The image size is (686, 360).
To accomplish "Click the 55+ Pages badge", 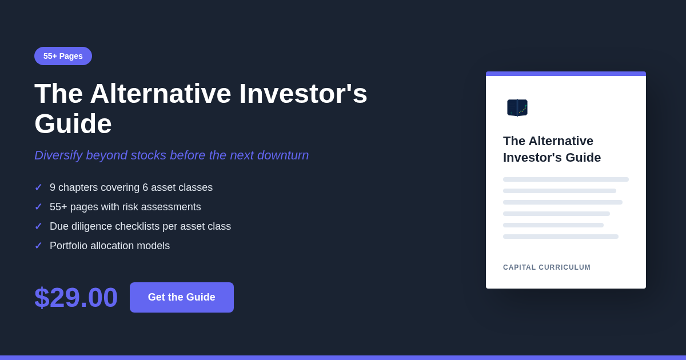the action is point(63,56).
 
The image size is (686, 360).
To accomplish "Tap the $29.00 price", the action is point(76,297).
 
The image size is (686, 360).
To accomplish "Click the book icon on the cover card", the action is point(517,108).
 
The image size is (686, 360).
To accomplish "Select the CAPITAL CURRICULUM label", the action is point(547,267).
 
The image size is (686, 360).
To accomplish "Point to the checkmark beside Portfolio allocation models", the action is point(38,246).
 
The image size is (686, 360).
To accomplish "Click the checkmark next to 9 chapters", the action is point(38,187).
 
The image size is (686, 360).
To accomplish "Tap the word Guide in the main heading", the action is point(73,123).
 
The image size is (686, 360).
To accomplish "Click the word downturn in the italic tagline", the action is point(283,155).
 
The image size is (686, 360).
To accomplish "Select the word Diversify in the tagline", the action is point(58,155).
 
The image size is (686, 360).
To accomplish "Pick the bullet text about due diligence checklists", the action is point(140,226).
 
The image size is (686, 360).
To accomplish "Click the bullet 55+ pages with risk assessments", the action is point(125,207).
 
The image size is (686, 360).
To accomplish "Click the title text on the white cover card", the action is point(552,149).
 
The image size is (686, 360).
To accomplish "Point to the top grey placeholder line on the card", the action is point(566,179).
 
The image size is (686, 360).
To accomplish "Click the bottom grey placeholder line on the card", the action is point(561,237).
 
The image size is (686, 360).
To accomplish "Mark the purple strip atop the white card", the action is point(566,74).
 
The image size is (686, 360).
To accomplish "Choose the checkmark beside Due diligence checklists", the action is point(38,226).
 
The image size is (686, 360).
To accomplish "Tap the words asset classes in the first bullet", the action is point(182,187).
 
